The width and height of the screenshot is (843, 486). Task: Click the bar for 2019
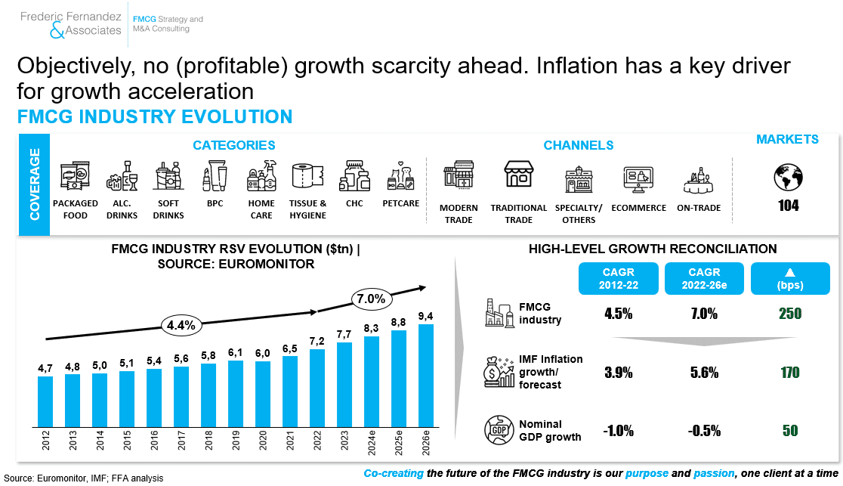click(x=236, y=394)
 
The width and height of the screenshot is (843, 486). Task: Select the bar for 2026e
click(x=426, y=376)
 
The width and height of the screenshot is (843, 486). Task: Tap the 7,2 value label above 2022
click(x=317, y=341)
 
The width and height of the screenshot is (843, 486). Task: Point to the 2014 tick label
click(x=100, y=440)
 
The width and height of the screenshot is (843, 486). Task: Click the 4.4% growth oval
click(x=181, y=325)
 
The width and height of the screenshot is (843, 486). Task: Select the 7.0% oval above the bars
click(x=372, y=299)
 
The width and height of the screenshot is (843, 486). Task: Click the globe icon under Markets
click(x=788, y=177)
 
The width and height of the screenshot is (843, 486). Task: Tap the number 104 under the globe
click(x=788, y=206)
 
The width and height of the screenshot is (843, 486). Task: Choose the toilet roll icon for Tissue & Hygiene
click(x=308, y=176)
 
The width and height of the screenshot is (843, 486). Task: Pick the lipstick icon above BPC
click(x=215, y=176)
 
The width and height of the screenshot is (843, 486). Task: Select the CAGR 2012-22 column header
click(x=618, y=278)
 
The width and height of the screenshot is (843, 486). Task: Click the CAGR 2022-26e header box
click(x=704, y=278)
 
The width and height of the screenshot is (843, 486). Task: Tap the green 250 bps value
click(x=790, y=314)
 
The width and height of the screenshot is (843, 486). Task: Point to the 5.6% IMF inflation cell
click(x=704, y=373)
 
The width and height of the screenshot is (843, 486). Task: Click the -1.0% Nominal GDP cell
click(x=618, y=431)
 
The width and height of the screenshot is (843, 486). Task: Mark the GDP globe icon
click(x=499, y=430)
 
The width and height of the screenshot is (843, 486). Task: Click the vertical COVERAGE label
click(x=35, y=184)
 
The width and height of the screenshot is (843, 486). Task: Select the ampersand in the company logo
click(x=57, y=31)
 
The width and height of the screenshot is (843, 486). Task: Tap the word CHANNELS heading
click(x=579, y=145)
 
